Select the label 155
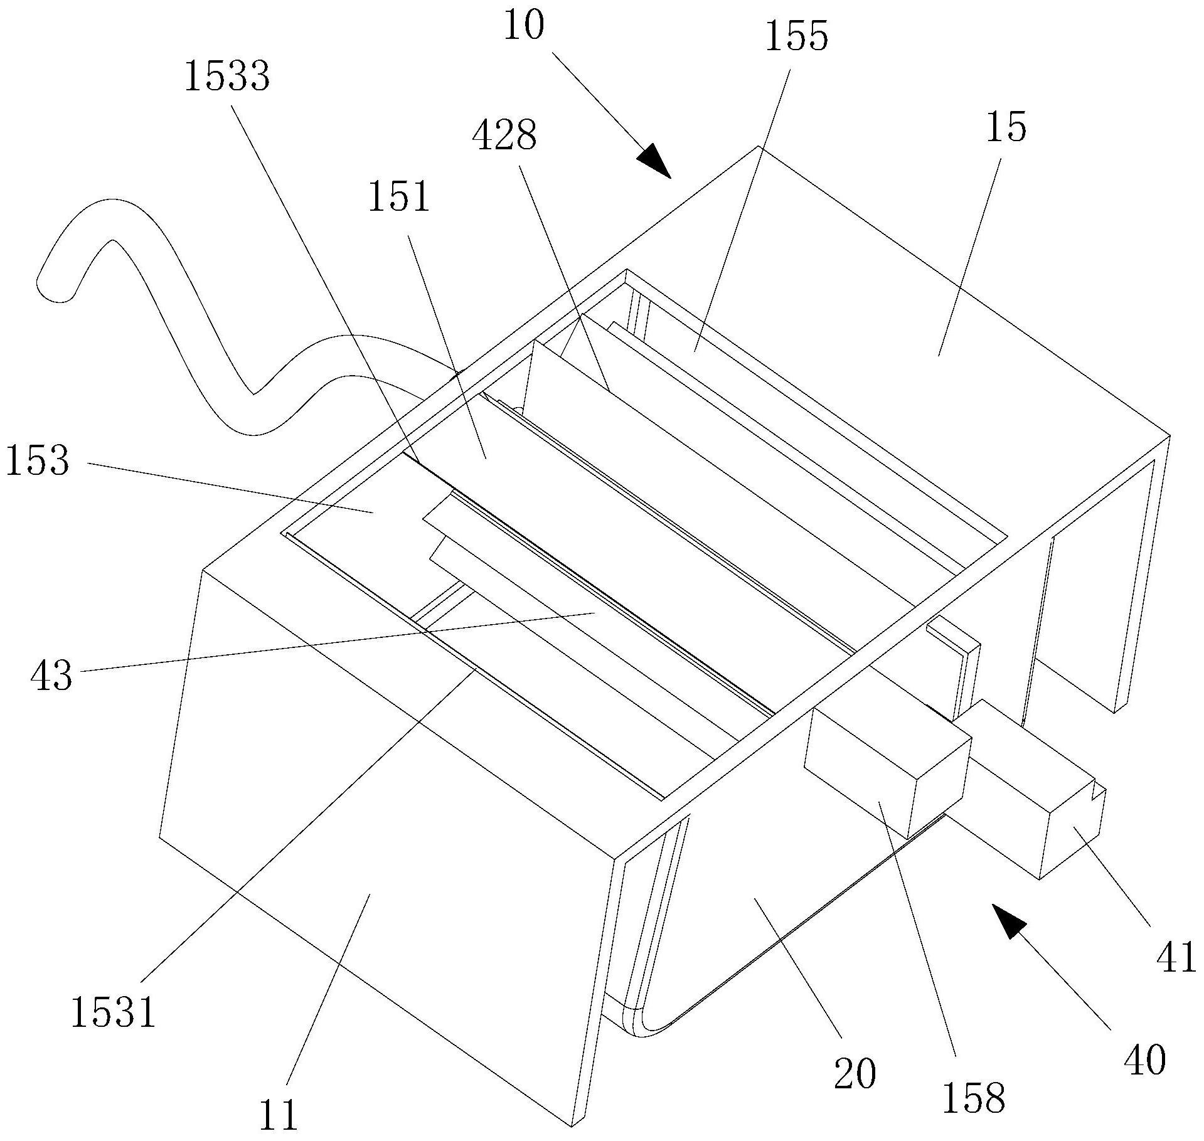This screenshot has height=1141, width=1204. click(796, 37)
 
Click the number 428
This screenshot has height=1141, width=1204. click(504, 136)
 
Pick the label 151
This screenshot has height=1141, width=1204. click(399, 197)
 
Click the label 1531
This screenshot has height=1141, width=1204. click(113, 1012)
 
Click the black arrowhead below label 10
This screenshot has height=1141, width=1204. click(654, 159)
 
